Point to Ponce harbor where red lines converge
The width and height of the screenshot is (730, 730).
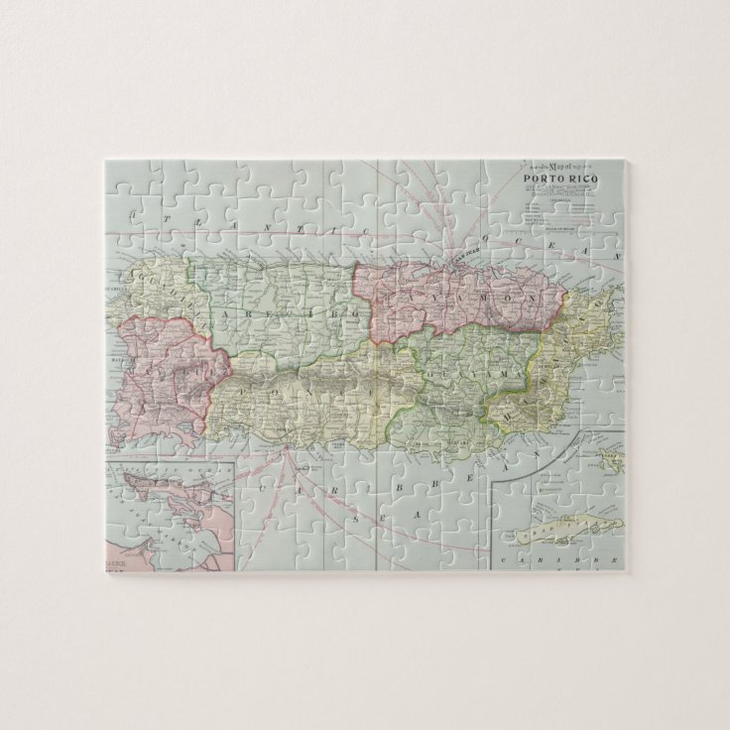(x=286, y=449)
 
